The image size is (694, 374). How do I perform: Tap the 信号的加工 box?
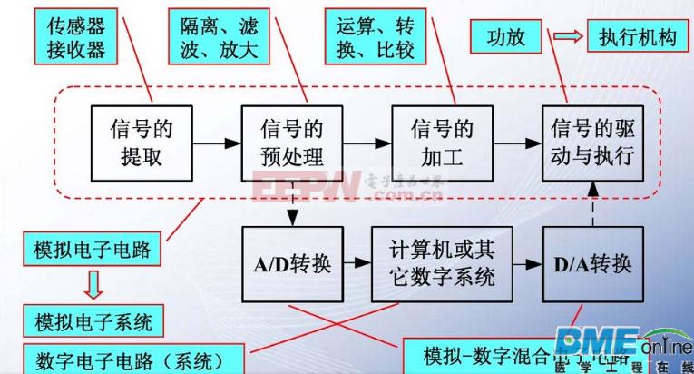[441, 142]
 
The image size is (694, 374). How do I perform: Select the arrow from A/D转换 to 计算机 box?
[356, 266]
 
